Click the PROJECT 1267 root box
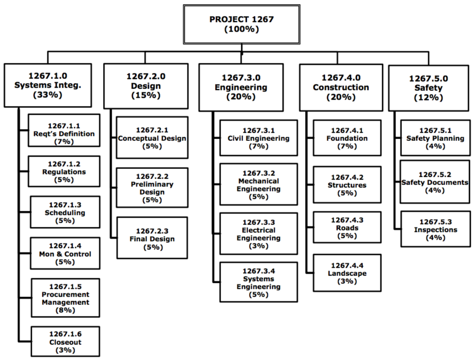click(242, 24)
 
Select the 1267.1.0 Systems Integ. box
click(48, 85)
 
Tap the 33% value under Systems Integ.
click(48, 95)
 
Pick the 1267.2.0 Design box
click(146, 86)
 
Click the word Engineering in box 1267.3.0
click(241, 87)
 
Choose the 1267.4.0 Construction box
click(341, 87)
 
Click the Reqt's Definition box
click(64, 134)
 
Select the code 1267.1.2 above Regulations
click(64, 164)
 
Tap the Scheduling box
click(65, 213)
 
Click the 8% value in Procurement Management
click(65, 310)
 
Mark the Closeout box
click(65, 342)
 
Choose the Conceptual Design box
click(152, 138)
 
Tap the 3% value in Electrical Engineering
click(258, 246)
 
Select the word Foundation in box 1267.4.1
click(347, 138)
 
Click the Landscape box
click(347, 273)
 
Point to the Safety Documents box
click(435, 182)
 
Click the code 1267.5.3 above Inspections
click(435, 222)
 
